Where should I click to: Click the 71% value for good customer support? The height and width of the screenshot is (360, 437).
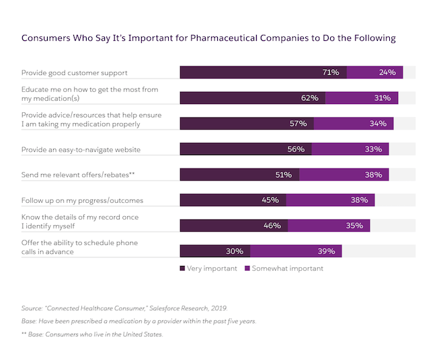(x=331, y=73)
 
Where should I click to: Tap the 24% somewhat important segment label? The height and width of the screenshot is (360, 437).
(x=387, y=73)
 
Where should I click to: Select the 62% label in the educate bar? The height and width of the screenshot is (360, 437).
(x=309, y=98)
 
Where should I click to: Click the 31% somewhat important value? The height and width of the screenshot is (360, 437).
(x=383, y=98)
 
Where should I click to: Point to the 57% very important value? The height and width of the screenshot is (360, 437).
(x=298, y=124)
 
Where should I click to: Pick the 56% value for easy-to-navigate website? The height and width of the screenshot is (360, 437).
(x=296, y=149)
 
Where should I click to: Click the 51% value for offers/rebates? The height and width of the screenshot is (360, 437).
(x=283, y=175)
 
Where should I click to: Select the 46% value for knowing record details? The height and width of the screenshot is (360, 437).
(x=272, y=226)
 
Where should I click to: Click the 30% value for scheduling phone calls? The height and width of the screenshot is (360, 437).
(x=235, y=251)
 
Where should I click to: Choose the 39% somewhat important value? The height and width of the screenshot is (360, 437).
(x=326, y=251)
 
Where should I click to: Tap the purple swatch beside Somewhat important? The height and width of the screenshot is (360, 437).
(x=247, y=269)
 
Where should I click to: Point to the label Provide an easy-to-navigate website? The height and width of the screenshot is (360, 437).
(x=81, y=149)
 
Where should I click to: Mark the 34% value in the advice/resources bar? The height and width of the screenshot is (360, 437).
(x=378, y=124)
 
